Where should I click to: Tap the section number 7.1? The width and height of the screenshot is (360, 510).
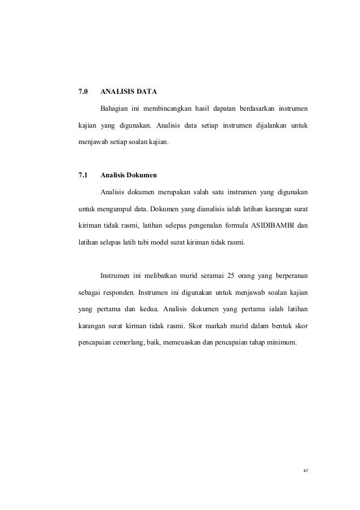83,174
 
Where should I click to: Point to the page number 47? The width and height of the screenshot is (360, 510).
305,471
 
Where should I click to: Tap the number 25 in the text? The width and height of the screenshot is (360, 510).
230,276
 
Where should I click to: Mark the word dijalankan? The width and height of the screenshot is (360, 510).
257,124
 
